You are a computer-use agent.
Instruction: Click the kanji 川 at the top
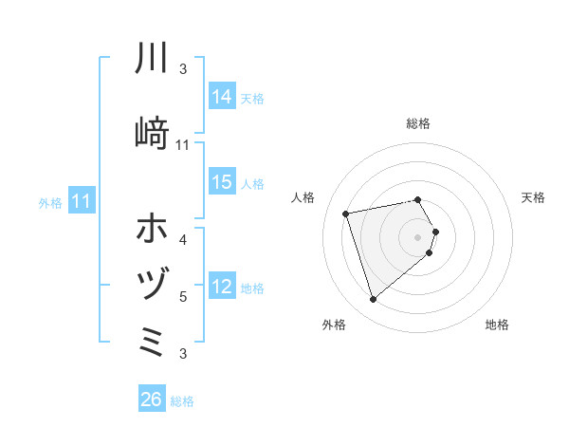point(152,59)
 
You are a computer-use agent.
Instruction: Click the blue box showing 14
point(222,97)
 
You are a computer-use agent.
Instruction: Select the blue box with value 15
point(222,182)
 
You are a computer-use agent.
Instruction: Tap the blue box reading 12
point(222,287)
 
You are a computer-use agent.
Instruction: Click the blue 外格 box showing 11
point(82,201)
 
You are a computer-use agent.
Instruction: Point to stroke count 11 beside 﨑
point(183,145)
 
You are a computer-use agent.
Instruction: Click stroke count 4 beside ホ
point(183,239)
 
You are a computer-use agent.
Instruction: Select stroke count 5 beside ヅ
point(183,297)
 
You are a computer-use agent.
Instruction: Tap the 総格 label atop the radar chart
point(418,123)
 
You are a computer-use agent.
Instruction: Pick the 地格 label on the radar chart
point(497,325)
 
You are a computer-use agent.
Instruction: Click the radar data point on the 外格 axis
point(373,300)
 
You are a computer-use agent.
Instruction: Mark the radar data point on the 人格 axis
point(346,213)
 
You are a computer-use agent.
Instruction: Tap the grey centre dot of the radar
point(418,235)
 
